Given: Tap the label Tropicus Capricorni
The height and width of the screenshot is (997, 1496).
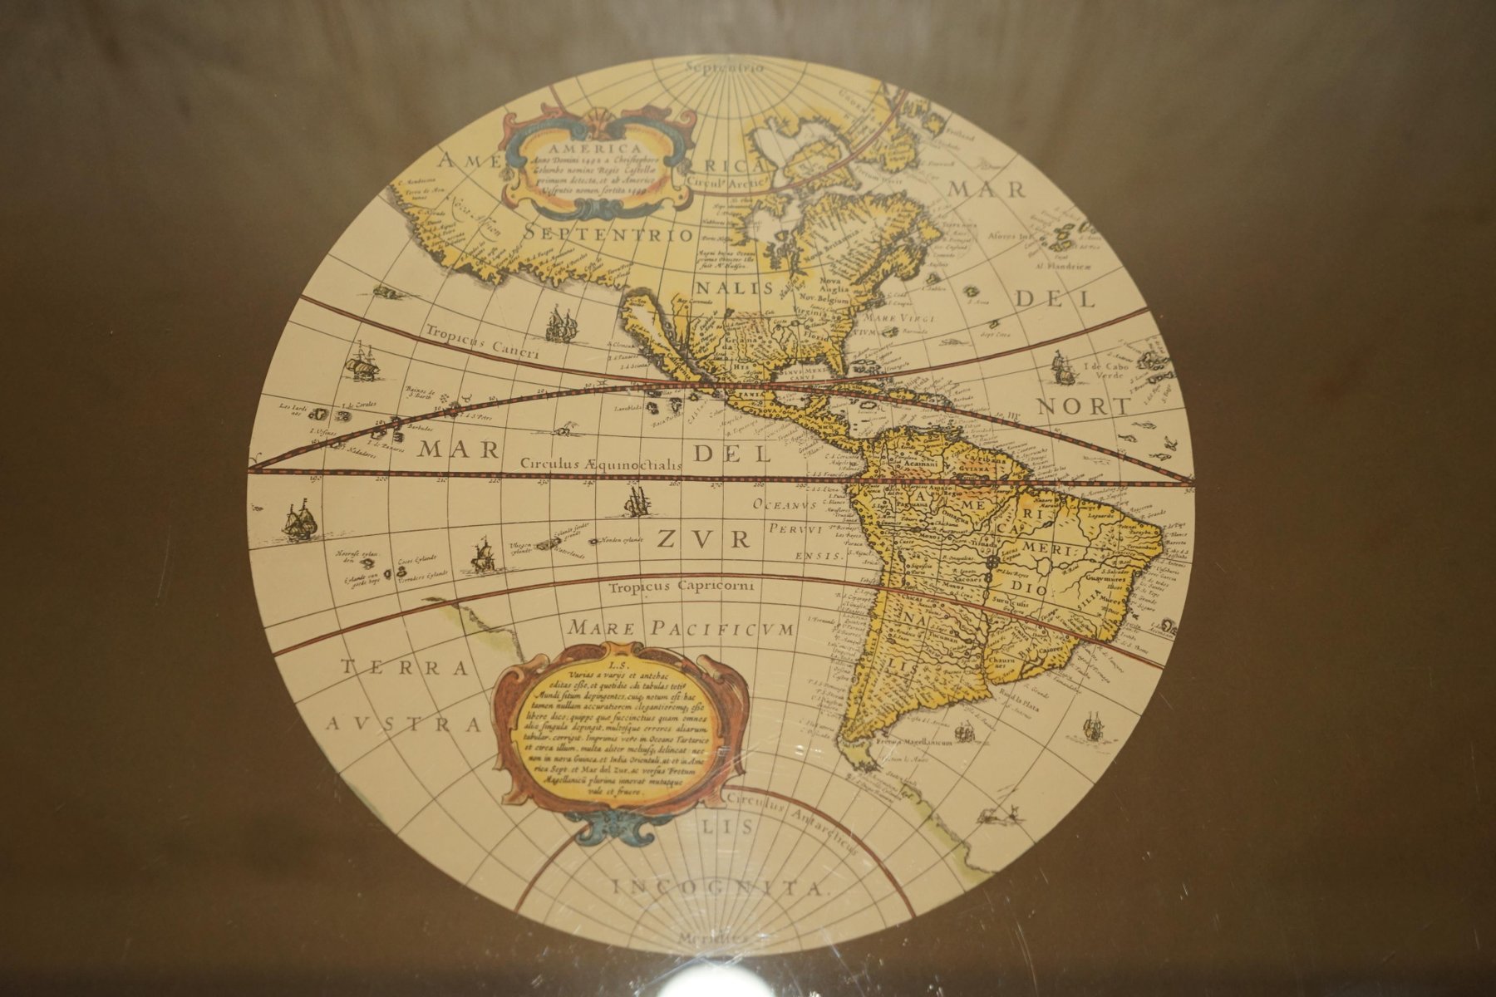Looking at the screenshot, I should click(681, 587).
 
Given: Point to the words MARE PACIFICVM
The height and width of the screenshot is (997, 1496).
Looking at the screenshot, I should click(677, 628).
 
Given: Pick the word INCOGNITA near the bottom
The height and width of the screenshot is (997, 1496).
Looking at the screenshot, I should click(720, 887).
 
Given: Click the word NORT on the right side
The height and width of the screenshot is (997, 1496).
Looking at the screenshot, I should click(1085, 406).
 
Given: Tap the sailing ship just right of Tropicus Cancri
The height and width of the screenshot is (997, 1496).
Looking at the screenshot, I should click(560, 323).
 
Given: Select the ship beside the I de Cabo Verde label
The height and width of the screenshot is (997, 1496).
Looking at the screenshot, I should click(1061, 366).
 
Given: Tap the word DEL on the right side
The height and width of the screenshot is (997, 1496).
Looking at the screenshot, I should click(1056, 298).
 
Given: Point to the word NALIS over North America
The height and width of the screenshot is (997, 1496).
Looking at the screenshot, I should click(733, 288).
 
